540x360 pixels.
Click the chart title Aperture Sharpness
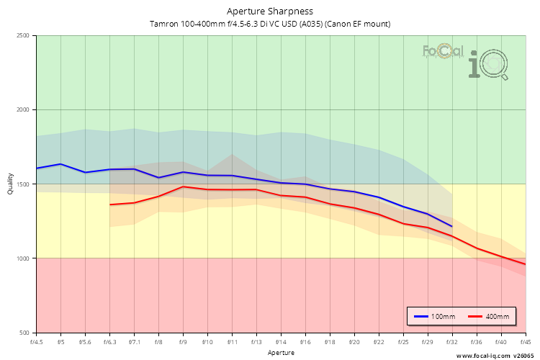point(270,11)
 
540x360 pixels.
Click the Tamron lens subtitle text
point(270,24)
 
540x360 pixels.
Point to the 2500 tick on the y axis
point(22,36)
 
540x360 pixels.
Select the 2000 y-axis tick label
point(22,110)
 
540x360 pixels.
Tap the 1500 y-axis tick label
point(22,184)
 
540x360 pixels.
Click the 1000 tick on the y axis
point(22,258)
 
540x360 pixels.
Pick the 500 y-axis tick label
point(24,333)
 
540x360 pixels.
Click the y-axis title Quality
point(10,184)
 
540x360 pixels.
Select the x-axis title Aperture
point(281,353)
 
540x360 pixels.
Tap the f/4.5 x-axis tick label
point(37,341)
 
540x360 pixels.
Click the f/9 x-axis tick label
point(184,341)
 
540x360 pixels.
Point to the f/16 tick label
point(306,341)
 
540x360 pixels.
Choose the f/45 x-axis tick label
point(525,341)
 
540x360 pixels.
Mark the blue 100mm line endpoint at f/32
point(451,227)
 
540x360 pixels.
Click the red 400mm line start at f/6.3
point(110,204)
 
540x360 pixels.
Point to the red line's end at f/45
point(525,264)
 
